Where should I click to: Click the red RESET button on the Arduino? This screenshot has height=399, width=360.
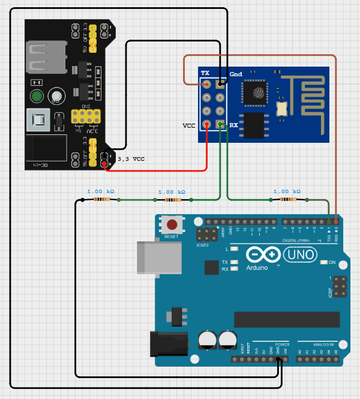[x=172, y=226]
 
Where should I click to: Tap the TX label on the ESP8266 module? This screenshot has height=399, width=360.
[x=205, y=73]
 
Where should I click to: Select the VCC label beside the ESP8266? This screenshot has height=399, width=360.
[x=189, y=125]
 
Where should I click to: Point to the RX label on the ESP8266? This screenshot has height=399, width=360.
[x=233, y=125]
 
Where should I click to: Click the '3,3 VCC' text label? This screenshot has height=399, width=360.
[x=131, y=159]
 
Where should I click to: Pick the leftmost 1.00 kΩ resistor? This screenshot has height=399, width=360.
[x=100, y=200]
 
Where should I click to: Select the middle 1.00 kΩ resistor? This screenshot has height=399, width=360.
[x=171, y=200]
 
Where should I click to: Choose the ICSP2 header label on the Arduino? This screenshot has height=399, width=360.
[x=203, y=244]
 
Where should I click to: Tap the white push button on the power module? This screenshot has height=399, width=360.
[x=56, y=96]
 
